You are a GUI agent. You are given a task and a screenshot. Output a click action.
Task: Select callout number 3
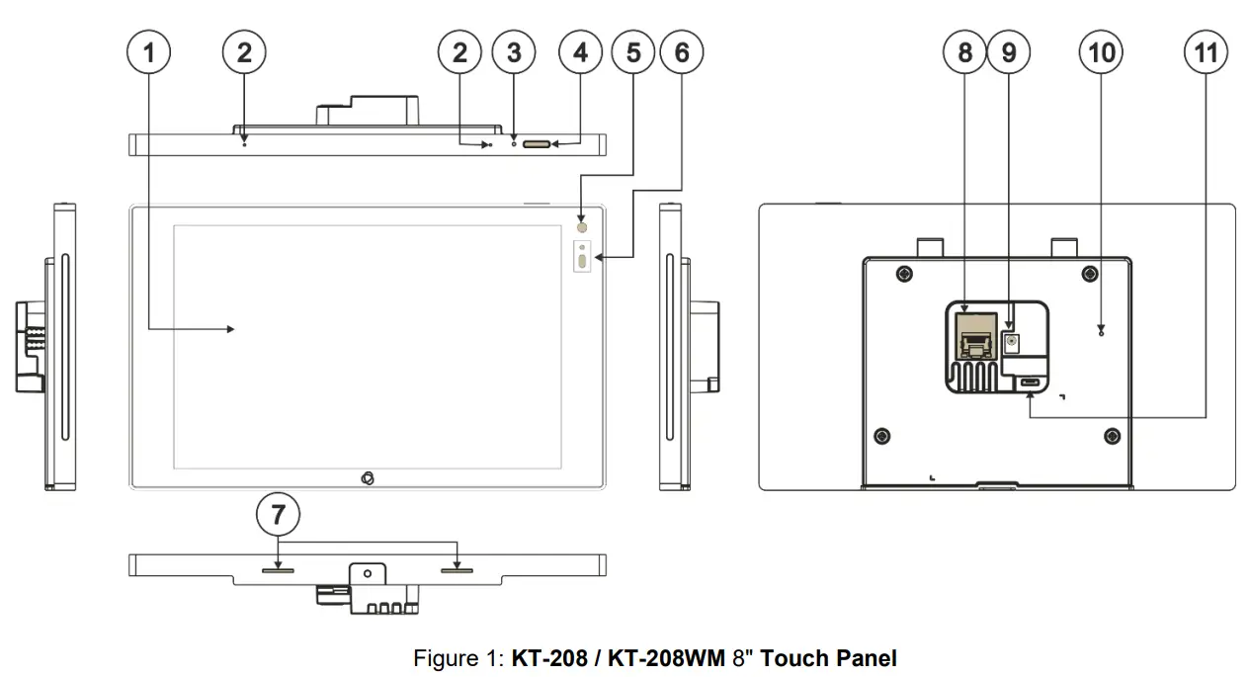[514, 53]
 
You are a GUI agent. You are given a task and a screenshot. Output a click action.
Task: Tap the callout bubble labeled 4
[581, 53]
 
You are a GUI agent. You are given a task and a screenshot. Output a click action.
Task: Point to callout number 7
[278, 514]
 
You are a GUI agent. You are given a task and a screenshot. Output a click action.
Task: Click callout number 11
[1207, 53]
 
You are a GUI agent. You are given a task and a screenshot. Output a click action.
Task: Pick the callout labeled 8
[964, 53]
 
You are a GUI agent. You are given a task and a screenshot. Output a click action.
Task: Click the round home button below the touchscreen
[367, 478]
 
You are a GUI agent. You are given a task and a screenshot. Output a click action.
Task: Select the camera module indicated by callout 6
[581, 259]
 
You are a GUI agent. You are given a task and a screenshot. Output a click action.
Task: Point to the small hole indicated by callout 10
[1101, 332]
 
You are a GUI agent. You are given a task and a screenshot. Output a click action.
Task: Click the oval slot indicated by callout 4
[537, 144]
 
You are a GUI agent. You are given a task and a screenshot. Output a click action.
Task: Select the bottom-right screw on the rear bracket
[1112, 435]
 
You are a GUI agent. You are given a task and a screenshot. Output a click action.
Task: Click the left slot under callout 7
[278, 569]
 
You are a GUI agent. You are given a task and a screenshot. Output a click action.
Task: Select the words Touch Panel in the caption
[829, 658]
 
